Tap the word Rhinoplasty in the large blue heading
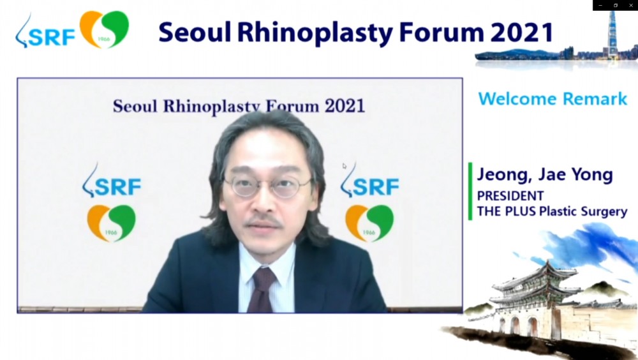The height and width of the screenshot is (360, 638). click(315, 33)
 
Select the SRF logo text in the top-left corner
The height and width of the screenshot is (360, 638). click(51, 37)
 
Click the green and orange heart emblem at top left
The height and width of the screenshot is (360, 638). click(104, 29)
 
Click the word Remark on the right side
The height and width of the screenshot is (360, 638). click(595, 99)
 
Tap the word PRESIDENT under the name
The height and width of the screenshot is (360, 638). click(510, 196)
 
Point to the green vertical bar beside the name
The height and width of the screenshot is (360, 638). click(470, 191)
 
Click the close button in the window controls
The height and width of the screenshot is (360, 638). click(631, 5)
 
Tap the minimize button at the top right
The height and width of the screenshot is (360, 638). click(600, 5)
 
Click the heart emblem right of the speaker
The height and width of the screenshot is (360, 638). click(369, 223)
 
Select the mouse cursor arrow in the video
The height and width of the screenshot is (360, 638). click(345, 166)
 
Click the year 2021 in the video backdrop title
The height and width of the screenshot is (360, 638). click(345, 107)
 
